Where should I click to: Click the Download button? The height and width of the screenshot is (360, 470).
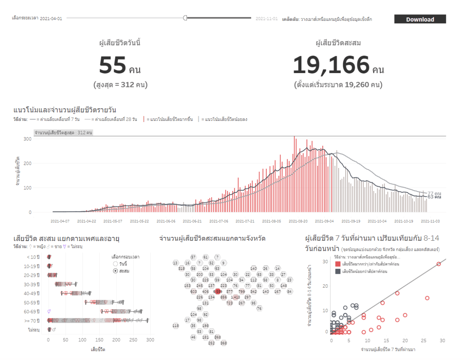(420, 19)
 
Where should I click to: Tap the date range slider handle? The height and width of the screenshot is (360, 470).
(185, 18)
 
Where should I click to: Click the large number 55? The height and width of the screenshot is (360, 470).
(113, 65)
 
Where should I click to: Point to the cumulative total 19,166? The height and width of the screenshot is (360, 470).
(331, 65)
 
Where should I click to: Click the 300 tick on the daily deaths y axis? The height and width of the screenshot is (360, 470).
(27, 139)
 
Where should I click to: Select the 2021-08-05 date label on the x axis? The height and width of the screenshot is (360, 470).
(272, 221)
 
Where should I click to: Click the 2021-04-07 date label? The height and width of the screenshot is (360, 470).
(60, 221)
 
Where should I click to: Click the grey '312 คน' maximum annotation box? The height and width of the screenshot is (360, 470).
(63, 133)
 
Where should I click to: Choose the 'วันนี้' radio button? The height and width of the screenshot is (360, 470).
(116, 264)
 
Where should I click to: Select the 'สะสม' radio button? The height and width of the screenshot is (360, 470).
(116, 271)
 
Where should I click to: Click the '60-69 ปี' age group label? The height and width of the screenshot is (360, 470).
(32, 312)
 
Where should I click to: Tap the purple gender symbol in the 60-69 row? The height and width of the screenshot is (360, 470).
(49, 311)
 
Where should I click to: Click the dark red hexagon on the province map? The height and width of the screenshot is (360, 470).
(218, 291)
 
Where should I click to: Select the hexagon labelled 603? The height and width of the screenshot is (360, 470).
(194, 291)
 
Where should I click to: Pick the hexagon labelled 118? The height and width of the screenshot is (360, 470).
(175, 326)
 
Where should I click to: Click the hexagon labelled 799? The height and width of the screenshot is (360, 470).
(241, 291)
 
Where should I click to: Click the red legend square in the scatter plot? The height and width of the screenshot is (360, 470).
(338, 264)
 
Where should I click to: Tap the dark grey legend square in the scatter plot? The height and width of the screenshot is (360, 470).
(338, 272)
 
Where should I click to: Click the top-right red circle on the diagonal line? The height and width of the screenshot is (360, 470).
(439, 264)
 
